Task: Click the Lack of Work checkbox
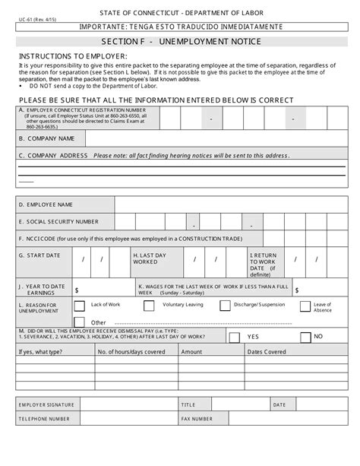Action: click(x=79, y=306)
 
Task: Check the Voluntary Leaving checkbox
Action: click(x=149, y=306)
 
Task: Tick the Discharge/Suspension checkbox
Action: click(x=225, y=306)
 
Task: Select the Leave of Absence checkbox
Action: click(x=305, y=306)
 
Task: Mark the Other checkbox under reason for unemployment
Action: click(x=79, y=322)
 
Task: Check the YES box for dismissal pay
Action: click(x=235, y=337)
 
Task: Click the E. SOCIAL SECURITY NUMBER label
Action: click(x=59, y=221)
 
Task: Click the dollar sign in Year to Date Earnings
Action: click(x=77, y=290)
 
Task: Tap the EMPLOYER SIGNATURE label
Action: click(x=47, y=404)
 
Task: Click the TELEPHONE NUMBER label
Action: click(x=46, y=419)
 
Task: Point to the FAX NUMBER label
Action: click(x=197, y=419)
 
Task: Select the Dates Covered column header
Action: click(x=267, y=352)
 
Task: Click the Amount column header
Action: click(x=191, y=352)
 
